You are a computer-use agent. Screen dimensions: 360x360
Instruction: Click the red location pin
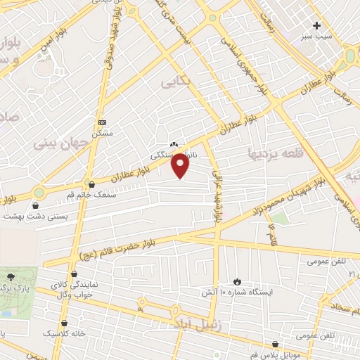coord(181,166)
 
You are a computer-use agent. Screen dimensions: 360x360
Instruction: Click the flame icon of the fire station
coord(237,280)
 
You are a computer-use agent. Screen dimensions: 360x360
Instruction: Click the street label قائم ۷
coord(272,235)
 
